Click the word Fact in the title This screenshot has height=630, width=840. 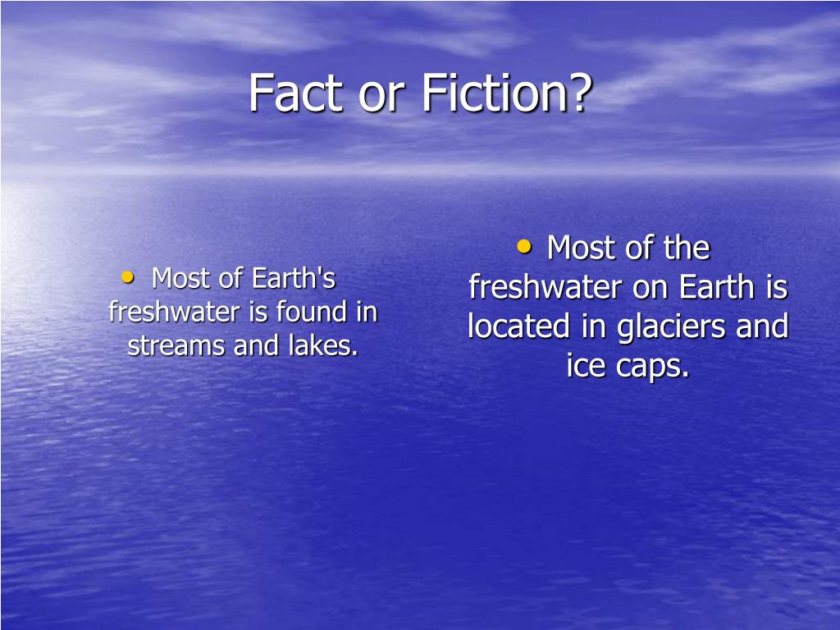click(x=295, y=93)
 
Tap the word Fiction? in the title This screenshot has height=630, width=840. click(x=507, y=93)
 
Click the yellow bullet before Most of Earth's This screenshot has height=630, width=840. click(x=127, y=276)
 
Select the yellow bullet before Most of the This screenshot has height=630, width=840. click(x=524, y=246)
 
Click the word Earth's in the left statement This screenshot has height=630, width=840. click(x=294, y=278)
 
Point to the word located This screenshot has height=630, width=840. click(x=518, y=326)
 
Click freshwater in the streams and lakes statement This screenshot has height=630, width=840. click(x=174, y=311)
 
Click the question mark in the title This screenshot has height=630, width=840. click(x=581, y=93)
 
